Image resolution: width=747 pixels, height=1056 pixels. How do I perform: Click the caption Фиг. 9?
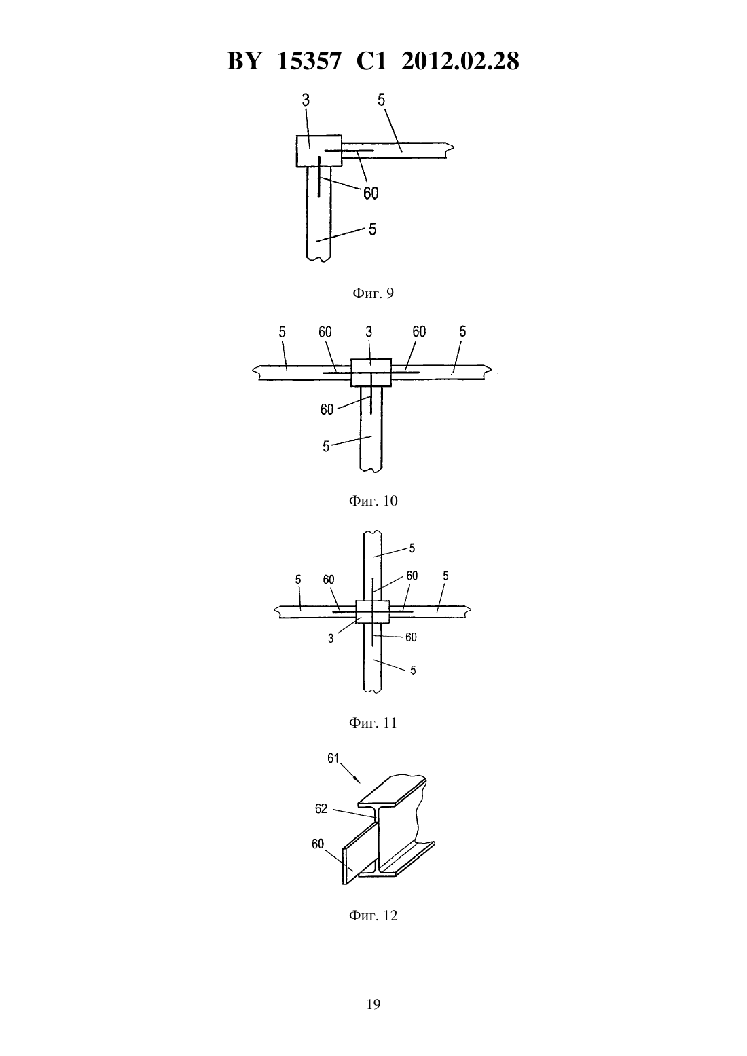(373, 293)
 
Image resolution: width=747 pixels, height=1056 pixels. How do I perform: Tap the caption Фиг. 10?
(373, 501)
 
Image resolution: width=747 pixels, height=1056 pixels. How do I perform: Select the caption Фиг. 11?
(373, 723)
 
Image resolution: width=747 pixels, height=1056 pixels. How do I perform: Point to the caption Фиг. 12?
(373, 916)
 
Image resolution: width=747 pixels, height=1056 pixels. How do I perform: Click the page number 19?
(373, 1004)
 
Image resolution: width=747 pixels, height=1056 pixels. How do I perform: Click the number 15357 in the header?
(308, 61)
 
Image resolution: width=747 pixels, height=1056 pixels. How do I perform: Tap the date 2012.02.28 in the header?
(460, 61)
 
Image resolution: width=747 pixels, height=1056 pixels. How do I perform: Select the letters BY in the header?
(244, 61)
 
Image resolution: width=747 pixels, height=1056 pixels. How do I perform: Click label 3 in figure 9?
(306, 100)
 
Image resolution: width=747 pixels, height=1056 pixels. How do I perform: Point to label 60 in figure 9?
(371, 193)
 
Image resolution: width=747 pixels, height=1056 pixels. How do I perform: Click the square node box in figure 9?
(319, 151)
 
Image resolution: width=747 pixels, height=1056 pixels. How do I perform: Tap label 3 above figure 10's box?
(369, 332)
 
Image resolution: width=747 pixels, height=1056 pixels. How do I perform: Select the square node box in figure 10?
(371, 373)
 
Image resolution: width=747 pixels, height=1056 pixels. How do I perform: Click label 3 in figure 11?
(331, 639)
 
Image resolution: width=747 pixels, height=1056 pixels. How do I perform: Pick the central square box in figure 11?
(373, 611)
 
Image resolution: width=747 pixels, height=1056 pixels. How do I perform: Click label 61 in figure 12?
(333, 759)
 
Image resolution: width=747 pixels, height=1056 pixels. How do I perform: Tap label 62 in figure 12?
(321, 809)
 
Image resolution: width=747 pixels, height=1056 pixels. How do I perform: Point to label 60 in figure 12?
(318, 844)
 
